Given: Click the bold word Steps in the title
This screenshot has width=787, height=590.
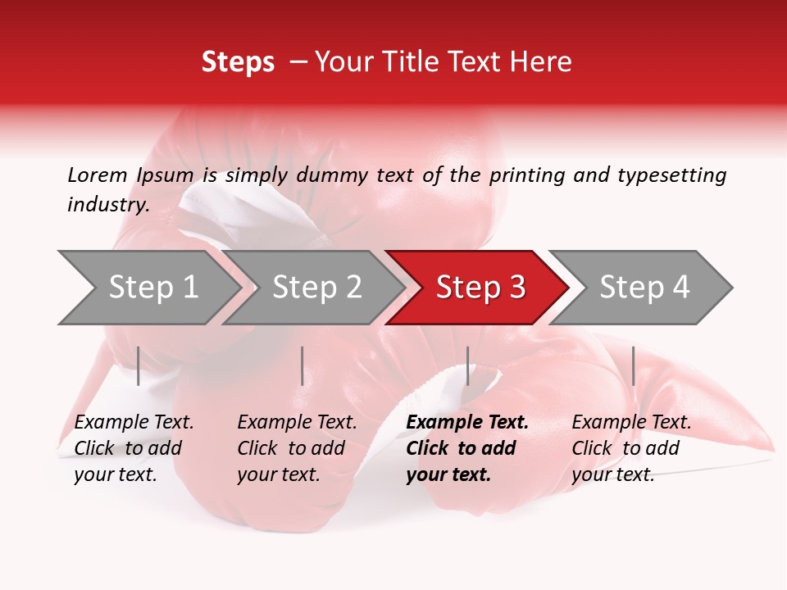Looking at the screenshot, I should pyautogui.click(x=238, y=62).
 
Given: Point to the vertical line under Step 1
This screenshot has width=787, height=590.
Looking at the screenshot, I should pyautogui.click(x=139, y=365).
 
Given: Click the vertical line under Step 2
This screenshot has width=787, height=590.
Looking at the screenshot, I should pyautogui.click(x=303, y=365).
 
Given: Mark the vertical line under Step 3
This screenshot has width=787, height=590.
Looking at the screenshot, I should pyautogui.click(x=467, y=365).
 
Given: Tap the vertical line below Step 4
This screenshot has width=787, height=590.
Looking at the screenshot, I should pyautogui.click(x=633, y=365).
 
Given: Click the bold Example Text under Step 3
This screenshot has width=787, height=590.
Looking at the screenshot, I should pyautogui.click(x=467, y=448).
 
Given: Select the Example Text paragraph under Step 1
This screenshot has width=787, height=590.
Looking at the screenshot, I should pyautogui.click(x=134, y=448).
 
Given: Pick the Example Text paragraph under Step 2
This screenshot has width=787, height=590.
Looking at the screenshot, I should pyautogui.click(x=297, y=448).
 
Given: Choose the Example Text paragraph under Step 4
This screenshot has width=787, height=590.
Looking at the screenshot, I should pyautogui.click(x=631, y=448).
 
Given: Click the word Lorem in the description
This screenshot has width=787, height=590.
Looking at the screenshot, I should pyautogui.click(x=98, y=175).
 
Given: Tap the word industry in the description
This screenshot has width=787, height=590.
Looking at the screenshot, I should pyautogui.click(x=107, y=205).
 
